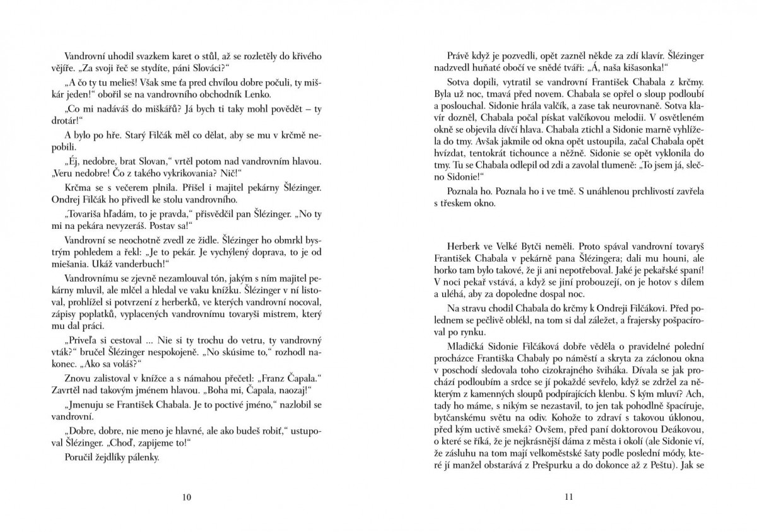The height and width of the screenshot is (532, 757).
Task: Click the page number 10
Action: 186,497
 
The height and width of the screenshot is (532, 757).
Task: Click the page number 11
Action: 568,497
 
